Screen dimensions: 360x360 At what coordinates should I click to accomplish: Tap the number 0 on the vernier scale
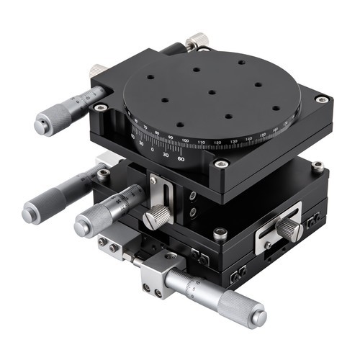coord(153,150)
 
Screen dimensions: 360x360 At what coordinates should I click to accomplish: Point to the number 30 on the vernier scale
coord(166,155)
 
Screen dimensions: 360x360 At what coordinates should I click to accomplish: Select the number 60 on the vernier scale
coord(180,158)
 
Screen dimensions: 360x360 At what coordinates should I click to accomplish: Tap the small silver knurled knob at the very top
coord(195,41)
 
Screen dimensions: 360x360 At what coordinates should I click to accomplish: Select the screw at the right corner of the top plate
coord(321,99)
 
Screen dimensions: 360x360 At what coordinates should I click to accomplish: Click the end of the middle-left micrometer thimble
coord(84,228)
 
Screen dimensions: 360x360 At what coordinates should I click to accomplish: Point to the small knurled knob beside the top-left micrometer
coord(97,72)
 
